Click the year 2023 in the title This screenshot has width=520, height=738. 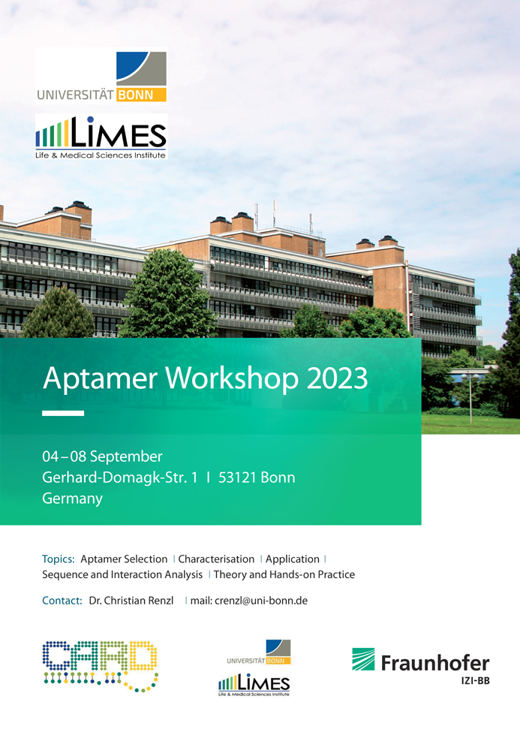[337, 378]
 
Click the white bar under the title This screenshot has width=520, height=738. [63, 413]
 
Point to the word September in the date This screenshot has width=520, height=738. [126, 456]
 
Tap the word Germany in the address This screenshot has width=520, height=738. [73, 499]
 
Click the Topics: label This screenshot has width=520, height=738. [59, 559]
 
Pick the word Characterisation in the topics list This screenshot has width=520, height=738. [216, 559]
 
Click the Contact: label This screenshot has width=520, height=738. [62, 601]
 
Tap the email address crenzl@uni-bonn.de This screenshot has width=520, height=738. [261, 601]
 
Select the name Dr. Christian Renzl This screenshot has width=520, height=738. [131, 601]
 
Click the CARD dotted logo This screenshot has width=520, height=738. [101, 665]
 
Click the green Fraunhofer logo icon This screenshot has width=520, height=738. [363, 659]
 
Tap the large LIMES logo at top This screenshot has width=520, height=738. [101, 137]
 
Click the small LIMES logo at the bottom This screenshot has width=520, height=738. [254, 685]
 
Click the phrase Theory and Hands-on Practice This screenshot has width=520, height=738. [284, 574]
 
